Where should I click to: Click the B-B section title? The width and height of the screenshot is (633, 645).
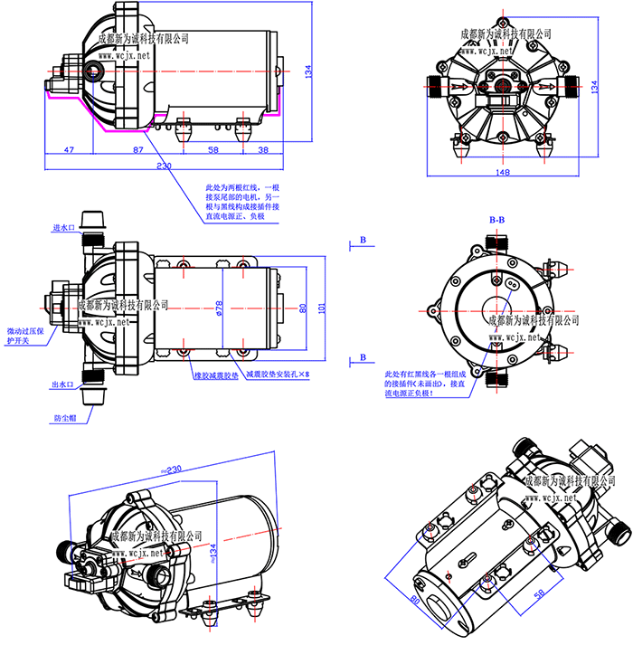[496, 220]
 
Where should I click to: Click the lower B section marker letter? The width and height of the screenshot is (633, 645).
[362, 358]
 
